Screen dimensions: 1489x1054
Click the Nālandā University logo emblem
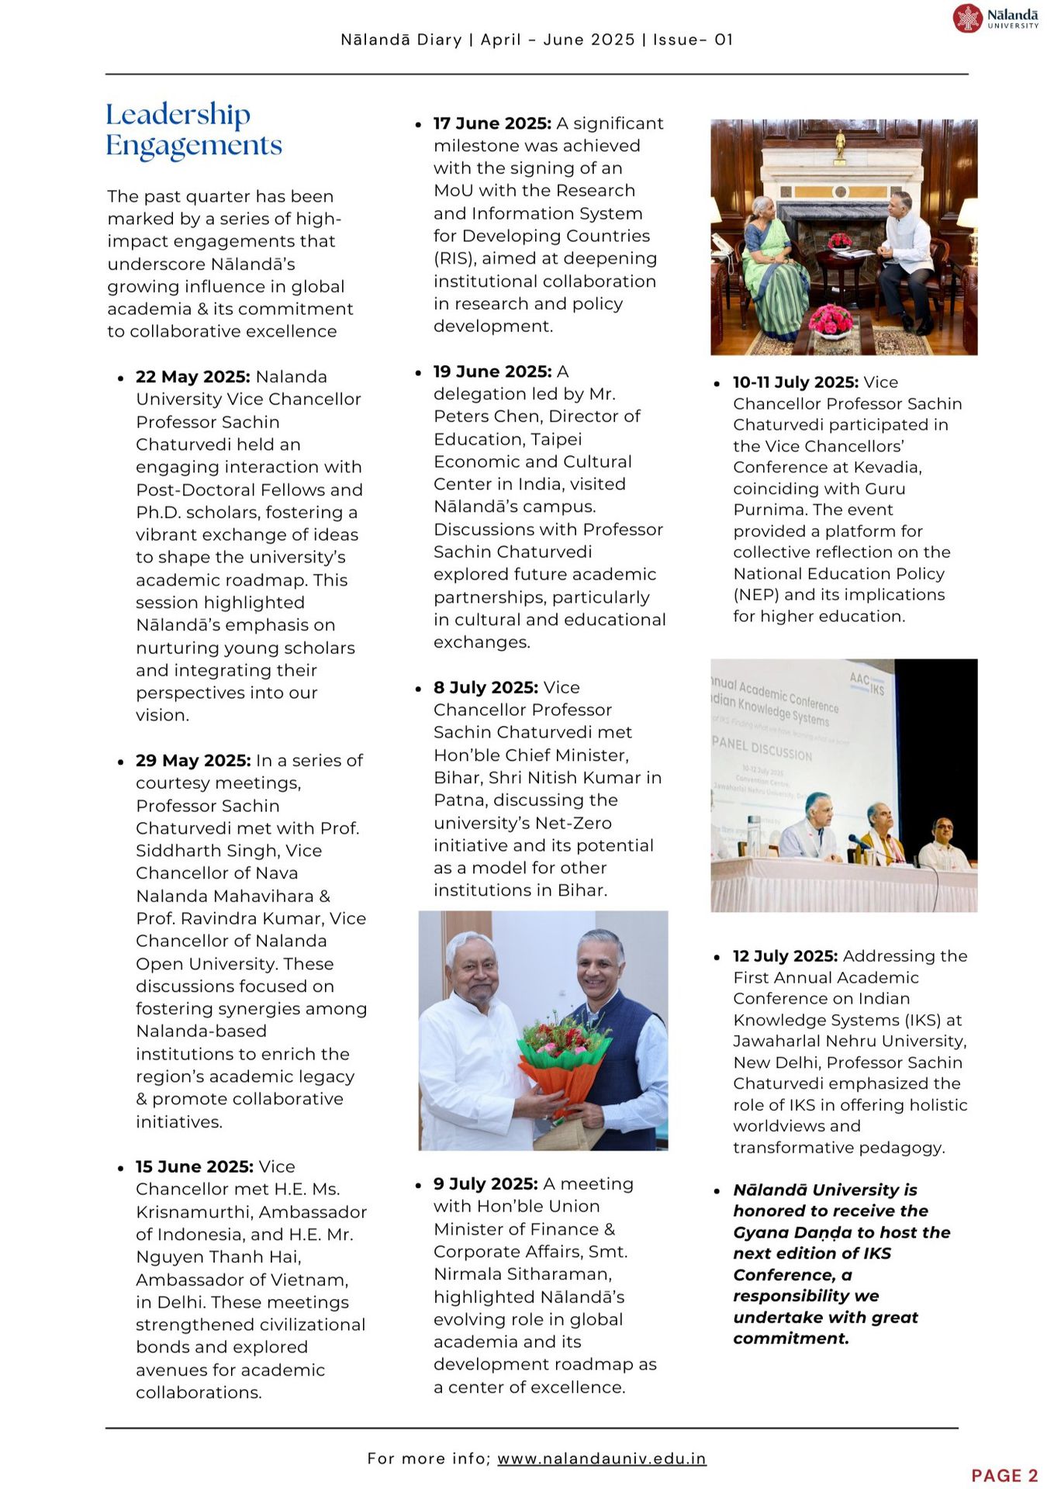(967, 18)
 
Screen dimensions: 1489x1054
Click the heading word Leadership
(178, 115)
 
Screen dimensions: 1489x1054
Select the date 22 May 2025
(192, 377)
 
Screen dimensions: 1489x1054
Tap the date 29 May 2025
(192, 761)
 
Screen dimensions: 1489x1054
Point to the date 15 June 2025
(194, 1166)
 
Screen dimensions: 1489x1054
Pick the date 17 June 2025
(492, 123)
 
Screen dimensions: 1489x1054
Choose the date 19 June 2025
(492, 371)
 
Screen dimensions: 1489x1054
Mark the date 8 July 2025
(486, 687)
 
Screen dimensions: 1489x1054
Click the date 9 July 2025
(486, 1183)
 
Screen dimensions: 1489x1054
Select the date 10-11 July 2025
(795, 382)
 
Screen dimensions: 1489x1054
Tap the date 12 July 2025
(785, 956)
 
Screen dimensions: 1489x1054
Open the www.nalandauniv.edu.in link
(601, 1458)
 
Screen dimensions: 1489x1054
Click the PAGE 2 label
(1004, 1475)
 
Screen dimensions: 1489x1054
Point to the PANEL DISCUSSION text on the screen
(762, 748)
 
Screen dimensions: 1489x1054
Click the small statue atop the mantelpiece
(839, 144)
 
